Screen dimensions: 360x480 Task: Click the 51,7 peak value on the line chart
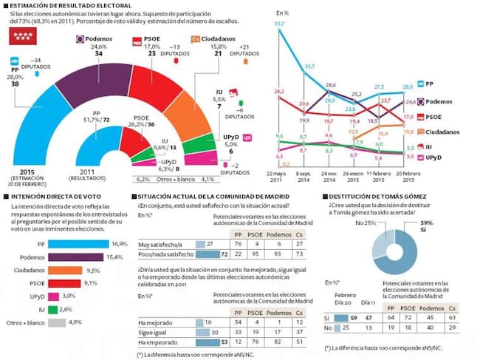click(279, 24)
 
